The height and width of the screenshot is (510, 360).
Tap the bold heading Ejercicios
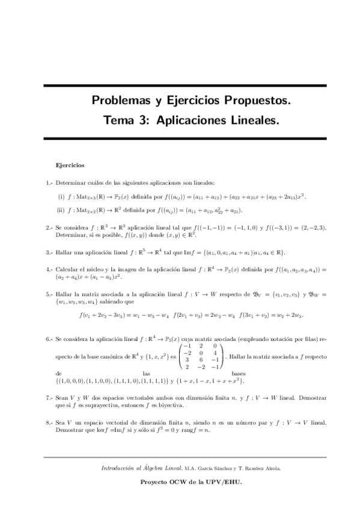pos(70,164)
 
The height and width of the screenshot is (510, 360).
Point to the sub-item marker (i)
pos(61,197)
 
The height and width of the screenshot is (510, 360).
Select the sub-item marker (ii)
pos(61,210)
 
